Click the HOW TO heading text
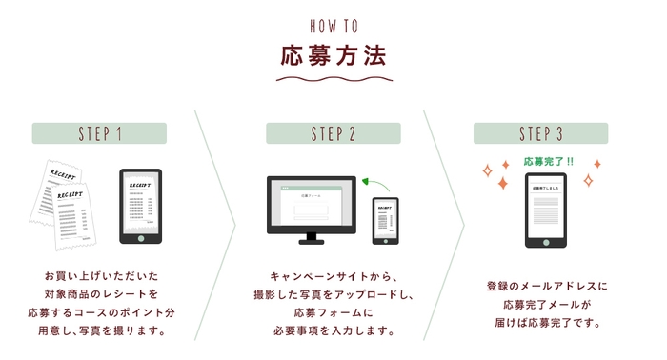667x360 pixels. point(333,25)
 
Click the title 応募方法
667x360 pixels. point(333,55)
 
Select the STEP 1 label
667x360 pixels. point(99,133)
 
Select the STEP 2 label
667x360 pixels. point(333,133)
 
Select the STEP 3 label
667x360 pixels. point(540,133)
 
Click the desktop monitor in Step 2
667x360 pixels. point(311,209)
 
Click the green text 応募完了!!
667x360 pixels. point(548,161)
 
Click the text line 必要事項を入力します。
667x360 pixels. point(333,331)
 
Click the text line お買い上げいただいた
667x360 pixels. point(99,274)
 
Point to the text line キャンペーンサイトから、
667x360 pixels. point(333,274)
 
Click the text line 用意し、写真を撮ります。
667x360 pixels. point(99,331)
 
